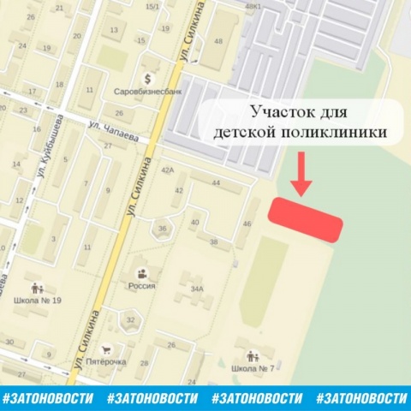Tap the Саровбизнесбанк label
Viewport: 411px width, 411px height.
pyautogui.click(x=145, y=89)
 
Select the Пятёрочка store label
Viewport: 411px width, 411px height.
pyautogui.click(x=106, y=361)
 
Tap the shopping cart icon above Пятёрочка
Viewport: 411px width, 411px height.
pyautogui.click(x=107, y=348)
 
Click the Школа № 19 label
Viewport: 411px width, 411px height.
pyautogui.click(x=37, y=301)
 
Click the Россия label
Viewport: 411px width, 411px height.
pyautogui.click(x=141, y=286)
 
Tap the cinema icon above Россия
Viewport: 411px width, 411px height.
pyautogui.click(x=141, y=272)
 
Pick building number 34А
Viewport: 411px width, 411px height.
pyautogui.click(x=197, y=289)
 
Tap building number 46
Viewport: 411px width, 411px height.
pyautogui.click(x=247, y=223)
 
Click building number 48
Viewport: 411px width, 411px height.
pyautogui.click(x=218, y=41)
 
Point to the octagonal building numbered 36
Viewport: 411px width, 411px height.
pyautogui.click(x=162, y=229)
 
